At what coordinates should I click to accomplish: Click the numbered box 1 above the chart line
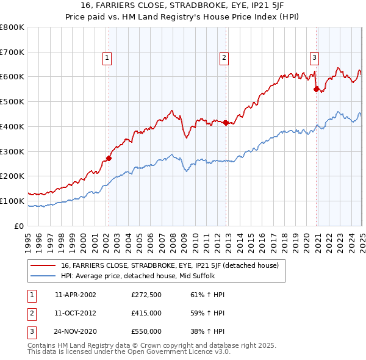(x=107, y=58)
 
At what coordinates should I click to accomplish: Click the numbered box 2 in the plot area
(x=224, y=58)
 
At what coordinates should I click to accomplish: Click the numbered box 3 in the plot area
(x=314, y=58)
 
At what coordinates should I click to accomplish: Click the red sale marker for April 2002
(x=109, y=159)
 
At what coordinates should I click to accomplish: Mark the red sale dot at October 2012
(x=226, y=123)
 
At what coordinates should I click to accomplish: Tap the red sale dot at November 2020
(x=317, y=89)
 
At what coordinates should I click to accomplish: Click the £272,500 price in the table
(x=146, y=295)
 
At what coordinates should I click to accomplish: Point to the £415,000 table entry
(x=146, y=313)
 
